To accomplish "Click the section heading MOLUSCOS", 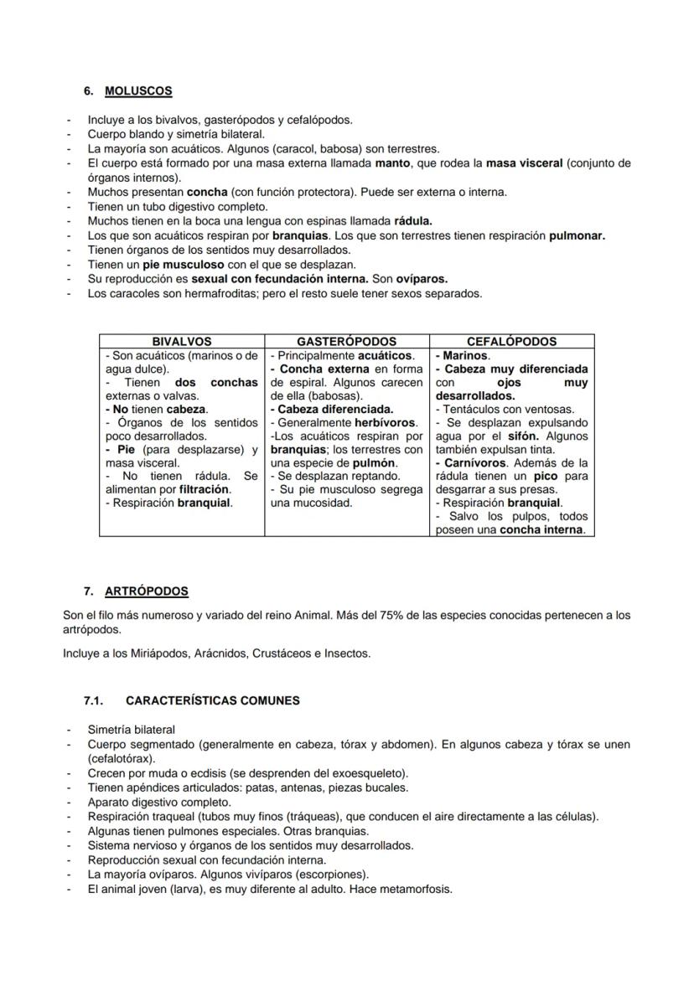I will pos(138,90).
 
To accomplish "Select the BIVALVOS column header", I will pos(181,342).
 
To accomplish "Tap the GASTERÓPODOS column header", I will pos(346,342).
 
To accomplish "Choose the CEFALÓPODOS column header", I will pos(511,342).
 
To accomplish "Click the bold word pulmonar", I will pos(577,235).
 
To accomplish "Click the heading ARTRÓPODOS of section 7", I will pos(147,591).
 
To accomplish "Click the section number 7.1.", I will pos(92,700).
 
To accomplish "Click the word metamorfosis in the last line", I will pos(420,889).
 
